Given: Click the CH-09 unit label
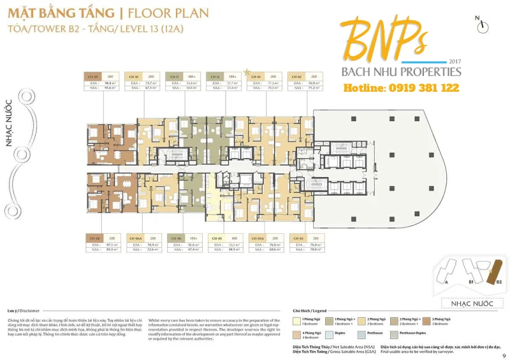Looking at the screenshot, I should pyautogui.click(x=92, y=76).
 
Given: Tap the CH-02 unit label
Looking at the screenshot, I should pyautogui.click(x=296, y=76).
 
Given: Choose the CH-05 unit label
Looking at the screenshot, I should pyautogui.click(x=216, y=238).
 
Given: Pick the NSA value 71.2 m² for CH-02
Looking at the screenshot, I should pyautogui.click(x=313, y=89).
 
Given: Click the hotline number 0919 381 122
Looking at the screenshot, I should pyautogui.click(x=402, y=88).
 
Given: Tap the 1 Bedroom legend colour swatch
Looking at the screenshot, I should pyautogui.click(x=296, y=319).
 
